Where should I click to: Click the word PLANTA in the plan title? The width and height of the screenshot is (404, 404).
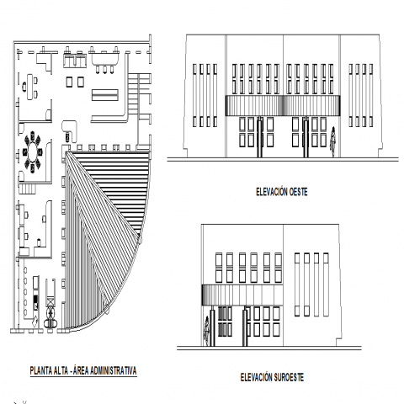click(41, 370)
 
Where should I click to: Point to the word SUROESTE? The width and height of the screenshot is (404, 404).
click(289, 377)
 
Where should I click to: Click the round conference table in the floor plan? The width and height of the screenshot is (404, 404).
click(32, 151)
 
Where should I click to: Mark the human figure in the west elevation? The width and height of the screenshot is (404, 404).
click(333, 141)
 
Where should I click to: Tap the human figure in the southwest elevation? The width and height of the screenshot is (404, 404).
click(206, 331)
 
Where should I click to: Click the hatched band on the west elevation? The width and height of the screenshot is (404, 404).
click(283, 105)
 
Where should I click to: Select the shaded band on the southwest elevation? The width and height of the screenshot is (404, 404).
click(242, 295)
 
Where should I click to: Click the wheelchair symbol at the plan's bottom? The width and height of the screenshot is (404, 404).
click(50, 319)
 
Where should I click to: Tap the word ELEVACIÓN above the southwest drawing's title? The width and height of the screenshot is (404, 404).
click(257, 377)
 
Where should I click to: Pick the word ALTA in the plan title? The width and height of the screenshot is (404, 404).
click(61, 370)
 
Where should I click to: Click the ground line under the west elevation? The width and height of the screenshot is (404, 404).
click(283, 159)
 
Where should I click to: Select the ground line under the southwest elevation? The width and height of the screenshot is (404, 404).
click(269, 348)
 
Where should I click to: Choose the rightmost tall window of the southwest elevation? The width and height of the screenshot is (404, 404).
click(326, 284)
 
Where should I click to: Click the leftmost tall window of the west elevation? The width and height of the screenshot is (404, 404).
click(195, 95)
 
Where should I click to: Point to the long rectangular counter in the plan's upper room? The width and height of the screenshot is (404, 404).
click(104, 95)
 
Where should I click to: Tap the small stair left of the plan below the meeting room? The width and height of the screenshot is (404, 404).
click(28, 189)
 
